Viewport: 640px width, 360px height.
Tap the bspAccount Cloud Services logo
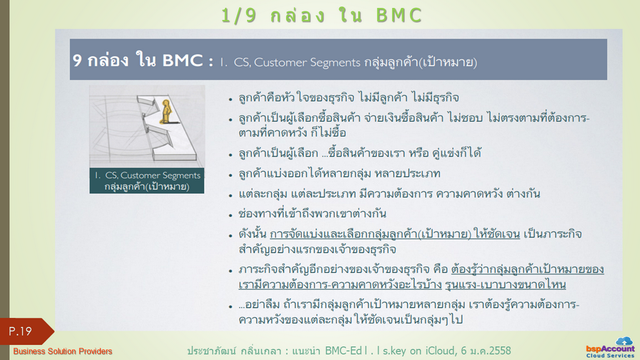click(611, 348)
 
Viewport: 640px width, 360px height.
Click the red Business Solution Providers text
click(62, 351)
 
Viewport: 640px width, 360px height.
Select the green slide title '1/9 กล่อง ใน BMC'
click(322, 16)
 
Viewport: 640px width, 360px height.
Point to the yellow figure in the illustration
click(166, 111)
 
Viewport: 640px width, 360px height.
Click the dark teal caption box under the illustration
click(147, 181)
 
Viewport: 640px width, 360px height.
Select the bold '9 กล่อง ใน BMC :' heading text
click(143, 61)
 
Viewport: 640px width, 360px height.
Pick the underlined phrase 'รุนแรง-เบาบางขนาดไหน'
click(505, 284)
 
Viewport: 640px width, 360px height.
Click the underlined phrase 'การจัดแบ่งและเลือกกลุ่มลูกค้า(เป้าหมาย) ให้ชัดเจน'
click(395, 234)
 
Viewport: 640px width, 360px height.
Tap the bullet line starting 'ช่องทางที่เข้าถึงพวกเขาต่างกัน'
click(312, 214)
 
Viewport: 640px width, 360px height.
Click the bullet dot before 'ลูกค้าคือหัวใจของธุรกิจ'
click(231, 99)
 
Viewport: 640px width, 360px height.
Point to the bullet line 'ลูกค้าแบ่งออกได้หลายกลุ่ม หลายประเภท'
click(339, 174)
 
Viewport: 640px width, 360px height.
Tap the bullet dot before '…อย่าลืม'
click(231, 306)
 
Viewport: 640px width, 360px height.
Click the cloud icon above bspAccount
click(624, 341)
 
